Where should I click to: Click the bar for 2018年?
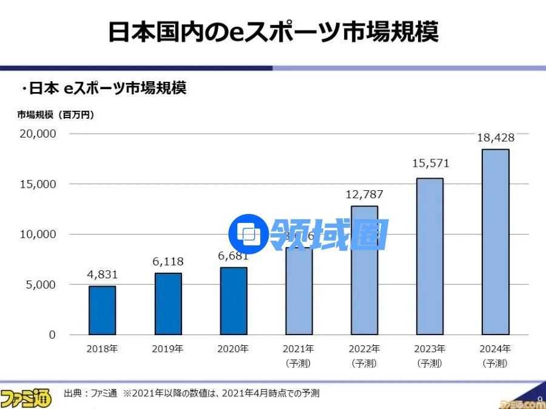point(102,310)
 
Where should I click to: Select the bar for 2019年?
point(168,304)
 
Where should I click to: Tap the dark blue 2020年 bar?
point(234,301)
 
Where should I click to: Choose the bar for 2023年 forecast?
point(430,256)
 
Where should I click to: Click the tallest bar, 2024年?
point(495,242)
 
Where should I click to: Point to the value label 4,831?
point(102,274)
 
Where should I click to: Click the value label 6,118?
point(168,262)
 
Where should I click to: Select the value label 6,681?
point(234,256)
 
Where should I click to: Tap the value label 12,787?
point(364,195)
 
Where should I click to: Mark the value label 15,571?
point(430,164)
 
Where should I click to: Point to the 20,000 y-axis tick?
point(38,133)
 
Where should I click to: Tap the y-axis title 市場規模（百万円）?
point(55,114)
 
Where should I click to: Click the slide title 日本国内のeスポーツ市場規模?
point(273,32)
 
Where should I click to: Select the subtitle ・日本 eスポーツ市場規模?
point(103,88)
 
